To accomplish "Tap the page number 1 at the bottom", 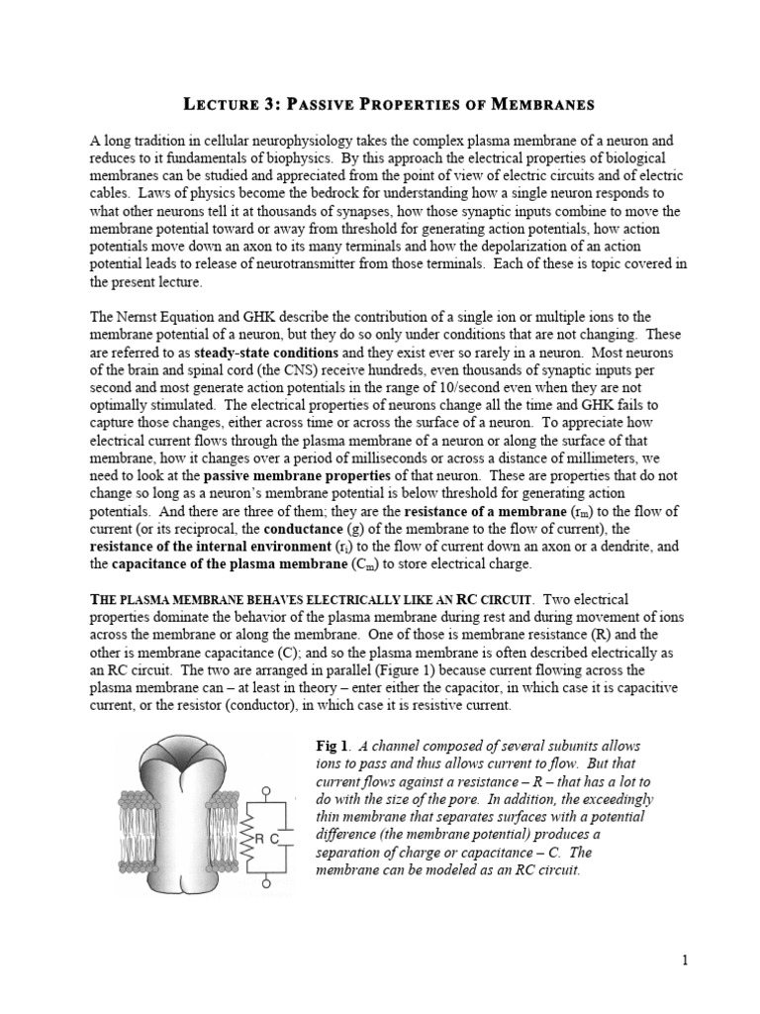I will pyautogui.click(x=684, y=961).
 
